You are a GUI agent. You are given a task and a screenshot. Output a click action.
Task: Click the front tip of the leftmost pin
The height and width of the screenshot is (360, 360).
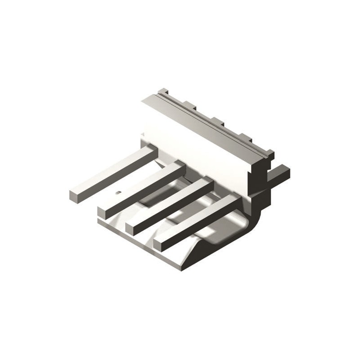(75, 195)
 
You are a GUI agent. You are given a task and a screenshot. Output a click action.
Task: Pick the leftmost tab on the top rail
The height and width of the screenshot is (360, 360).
(163, 91)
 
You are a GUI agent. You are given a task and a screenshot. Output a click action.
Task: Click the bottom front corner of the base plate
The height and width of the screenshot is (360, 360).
(182, 268)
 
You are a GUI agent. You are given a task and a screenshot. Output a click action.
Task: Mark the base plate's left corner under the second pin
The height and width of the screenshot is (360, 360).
(100, 221)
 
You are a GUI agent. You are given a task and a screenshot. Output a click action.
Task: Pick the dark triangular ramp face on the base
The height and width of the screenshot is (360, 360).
(211, 252)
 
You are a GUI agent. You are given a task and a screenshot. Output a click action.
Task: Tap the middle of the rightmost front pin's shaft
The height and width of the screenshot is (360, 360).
(198, 220)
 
